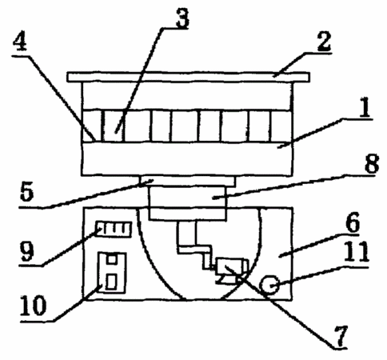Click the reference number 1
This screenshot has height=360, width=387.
point(365,107)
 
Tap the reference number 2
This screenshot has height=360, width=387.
point(324,42)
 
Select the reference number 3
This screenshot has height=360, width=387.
point(182,18)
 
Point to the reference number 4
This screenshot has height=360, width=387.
point(20,43)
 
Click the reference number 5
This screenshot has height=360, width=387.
point(27,192)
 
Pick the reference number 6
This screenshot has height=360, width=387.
point(353,222)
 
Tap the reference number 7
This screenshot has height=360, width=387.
point(341,336)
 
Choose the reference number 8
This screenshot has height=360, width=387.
point(371,163)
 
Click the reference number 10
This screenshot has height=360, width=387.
point(33,306)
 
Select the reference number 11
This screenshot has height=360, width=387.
point(357,251)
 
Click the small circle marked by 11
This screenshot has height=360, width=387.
point(270,285)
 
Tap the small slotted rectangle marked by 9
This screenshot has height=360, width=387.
point(114,229)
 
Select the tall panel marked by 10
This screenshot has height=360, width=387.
point(112,273)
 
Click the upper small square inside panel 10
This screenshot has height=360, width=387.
point(112,259)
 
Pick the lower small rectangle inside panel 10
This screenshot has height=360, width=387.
point(111,282)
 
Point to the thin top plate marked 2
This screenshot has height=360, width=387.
point(188,77)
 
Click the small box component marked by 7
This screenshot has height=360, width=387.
point(232,266)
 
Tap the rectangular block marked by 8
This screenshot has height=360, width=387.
point(188,202)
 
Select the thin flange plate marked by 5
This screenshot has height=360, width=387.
point(187,181)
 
